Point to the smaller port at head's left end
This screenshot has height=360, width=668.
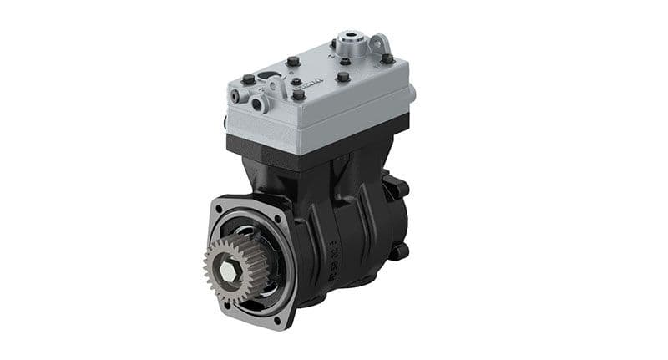[x=235, y=98]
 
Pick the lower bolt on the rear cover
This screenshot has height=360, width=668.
[x=404, y=249]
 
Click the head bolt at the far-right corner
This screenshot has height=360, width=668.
[x=387, y=58]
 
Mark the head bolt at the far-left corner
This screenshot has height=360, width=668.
[x=247, y=80]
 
